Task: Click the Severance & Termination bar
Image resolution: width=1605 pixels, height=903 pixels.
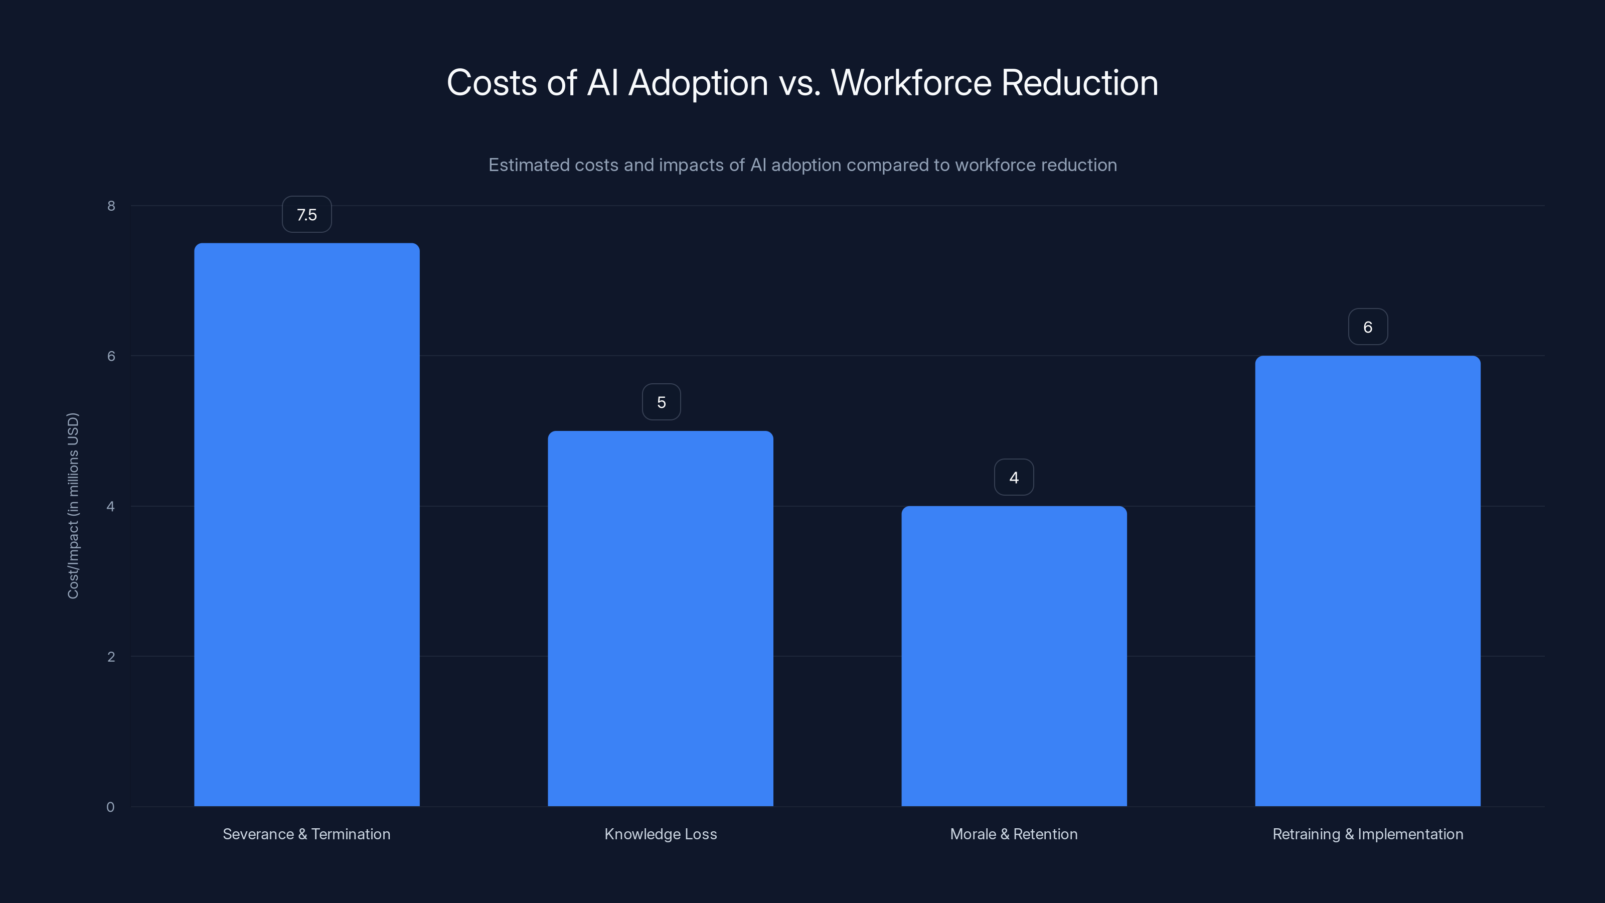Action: point(306,524)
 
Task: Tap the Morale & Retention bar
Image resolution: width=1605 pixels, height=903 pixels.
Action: point(1014,656)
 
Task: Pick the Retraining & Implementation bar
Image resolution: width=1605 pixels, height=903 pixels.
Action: point(1368,581)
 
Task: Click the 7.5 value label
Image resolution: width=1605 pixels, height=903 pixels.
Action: point(306,214)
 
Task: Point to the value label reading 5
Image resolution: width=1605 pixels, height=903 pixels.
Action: point(661,402)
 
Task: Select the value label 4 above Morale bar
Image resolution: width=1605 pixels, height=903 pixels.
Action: point(1014,478)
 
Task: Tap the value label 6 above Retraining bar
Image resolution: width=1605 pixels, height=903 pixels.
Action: point(1368,327)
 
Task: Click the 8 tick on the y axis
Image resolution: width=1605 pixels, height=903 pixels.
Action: point(111,206)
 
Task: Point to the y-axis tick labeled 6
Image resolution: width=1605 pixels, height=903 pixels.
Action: point(111,356)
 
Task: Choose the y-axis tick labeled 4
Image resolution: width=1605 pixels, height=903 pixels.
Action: point(111,506)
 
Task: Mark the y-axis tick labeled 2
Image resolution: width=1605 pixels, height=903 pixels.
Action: point(111,656)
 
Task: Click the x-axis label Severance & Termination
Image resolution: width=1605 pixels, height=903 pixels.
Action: point(306,834)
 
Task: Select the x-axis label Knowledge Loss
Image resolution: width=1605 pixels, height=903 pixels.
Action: point(661,834)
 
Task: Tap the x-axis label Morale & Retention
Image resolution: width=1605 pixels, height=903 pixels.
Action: point(1014,834)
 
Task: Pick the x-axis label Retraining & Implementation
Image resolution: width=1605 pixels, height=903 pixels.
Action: point(1368,834)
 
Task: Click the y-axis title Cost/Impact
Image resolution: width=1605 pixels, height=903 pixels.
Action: point(73,505)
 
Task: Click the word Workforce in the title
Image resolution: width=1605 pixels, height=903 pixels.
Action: point(911,83)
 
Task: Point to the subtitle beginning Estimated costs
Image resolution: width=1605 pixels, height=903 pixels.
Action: point(802,165)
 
